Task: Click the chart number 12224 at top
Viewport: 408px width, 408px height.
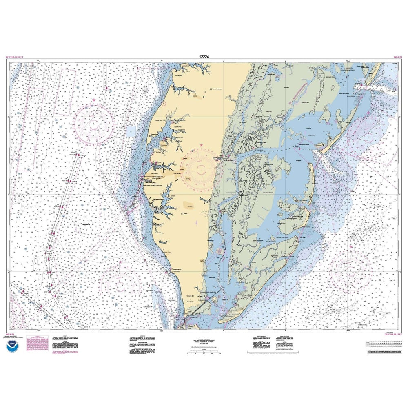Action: (204, 57)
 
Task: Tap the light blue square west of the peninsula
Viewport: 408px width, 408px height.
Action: (131, 131)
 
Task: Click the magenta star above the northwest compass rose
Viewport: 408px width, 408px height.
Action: (93, 100)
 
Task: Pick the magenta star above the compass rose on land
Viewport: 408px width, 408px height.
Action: (201, 145)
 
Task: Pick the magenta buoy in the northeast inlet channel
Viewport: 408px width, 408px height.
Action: (361, 85)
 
